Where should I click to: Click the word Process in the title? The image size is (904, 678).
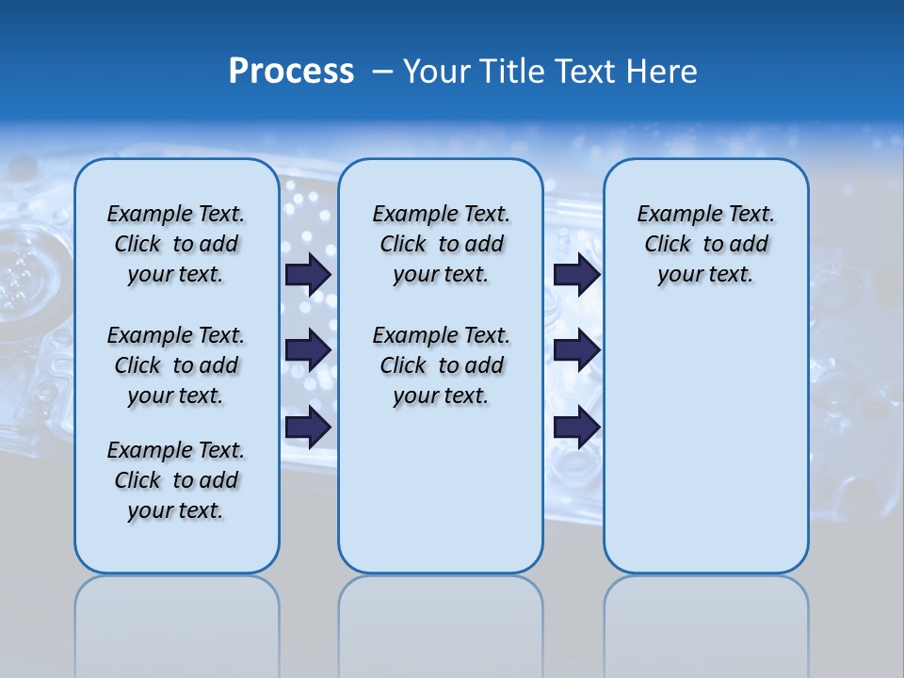pos(291,72)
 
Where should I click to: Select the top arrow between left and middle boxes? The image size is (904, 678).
pos(308,274)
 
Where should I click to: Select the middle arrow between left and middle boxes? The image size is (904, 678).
pos(308,350)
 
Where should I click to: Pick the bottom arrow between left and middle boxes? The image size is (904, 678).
pos(308,427)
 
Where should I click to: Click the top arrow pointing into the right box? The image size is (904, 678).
pos(576,274)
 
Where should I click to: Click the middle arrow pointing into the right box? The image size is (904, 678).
pos(576,350)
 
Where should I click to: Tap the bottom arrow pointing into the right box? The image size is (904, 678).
pos(576,427)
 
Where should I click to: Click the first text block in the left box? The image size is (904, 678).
pos(176,244)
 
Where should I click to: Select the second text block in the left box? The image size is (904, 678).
pos(176,365)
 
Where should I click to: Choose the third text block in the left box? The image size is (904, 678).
pos(176,480)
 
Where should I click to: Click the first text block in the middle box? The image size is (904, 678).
pos(441,244)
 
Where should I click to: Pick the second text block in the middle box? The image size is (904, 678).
pos(441,365)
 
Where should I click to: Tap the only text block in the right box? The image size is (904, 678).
pos(705,244)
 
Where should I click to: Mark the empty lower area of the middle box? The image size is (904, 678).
pos(441,499)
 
